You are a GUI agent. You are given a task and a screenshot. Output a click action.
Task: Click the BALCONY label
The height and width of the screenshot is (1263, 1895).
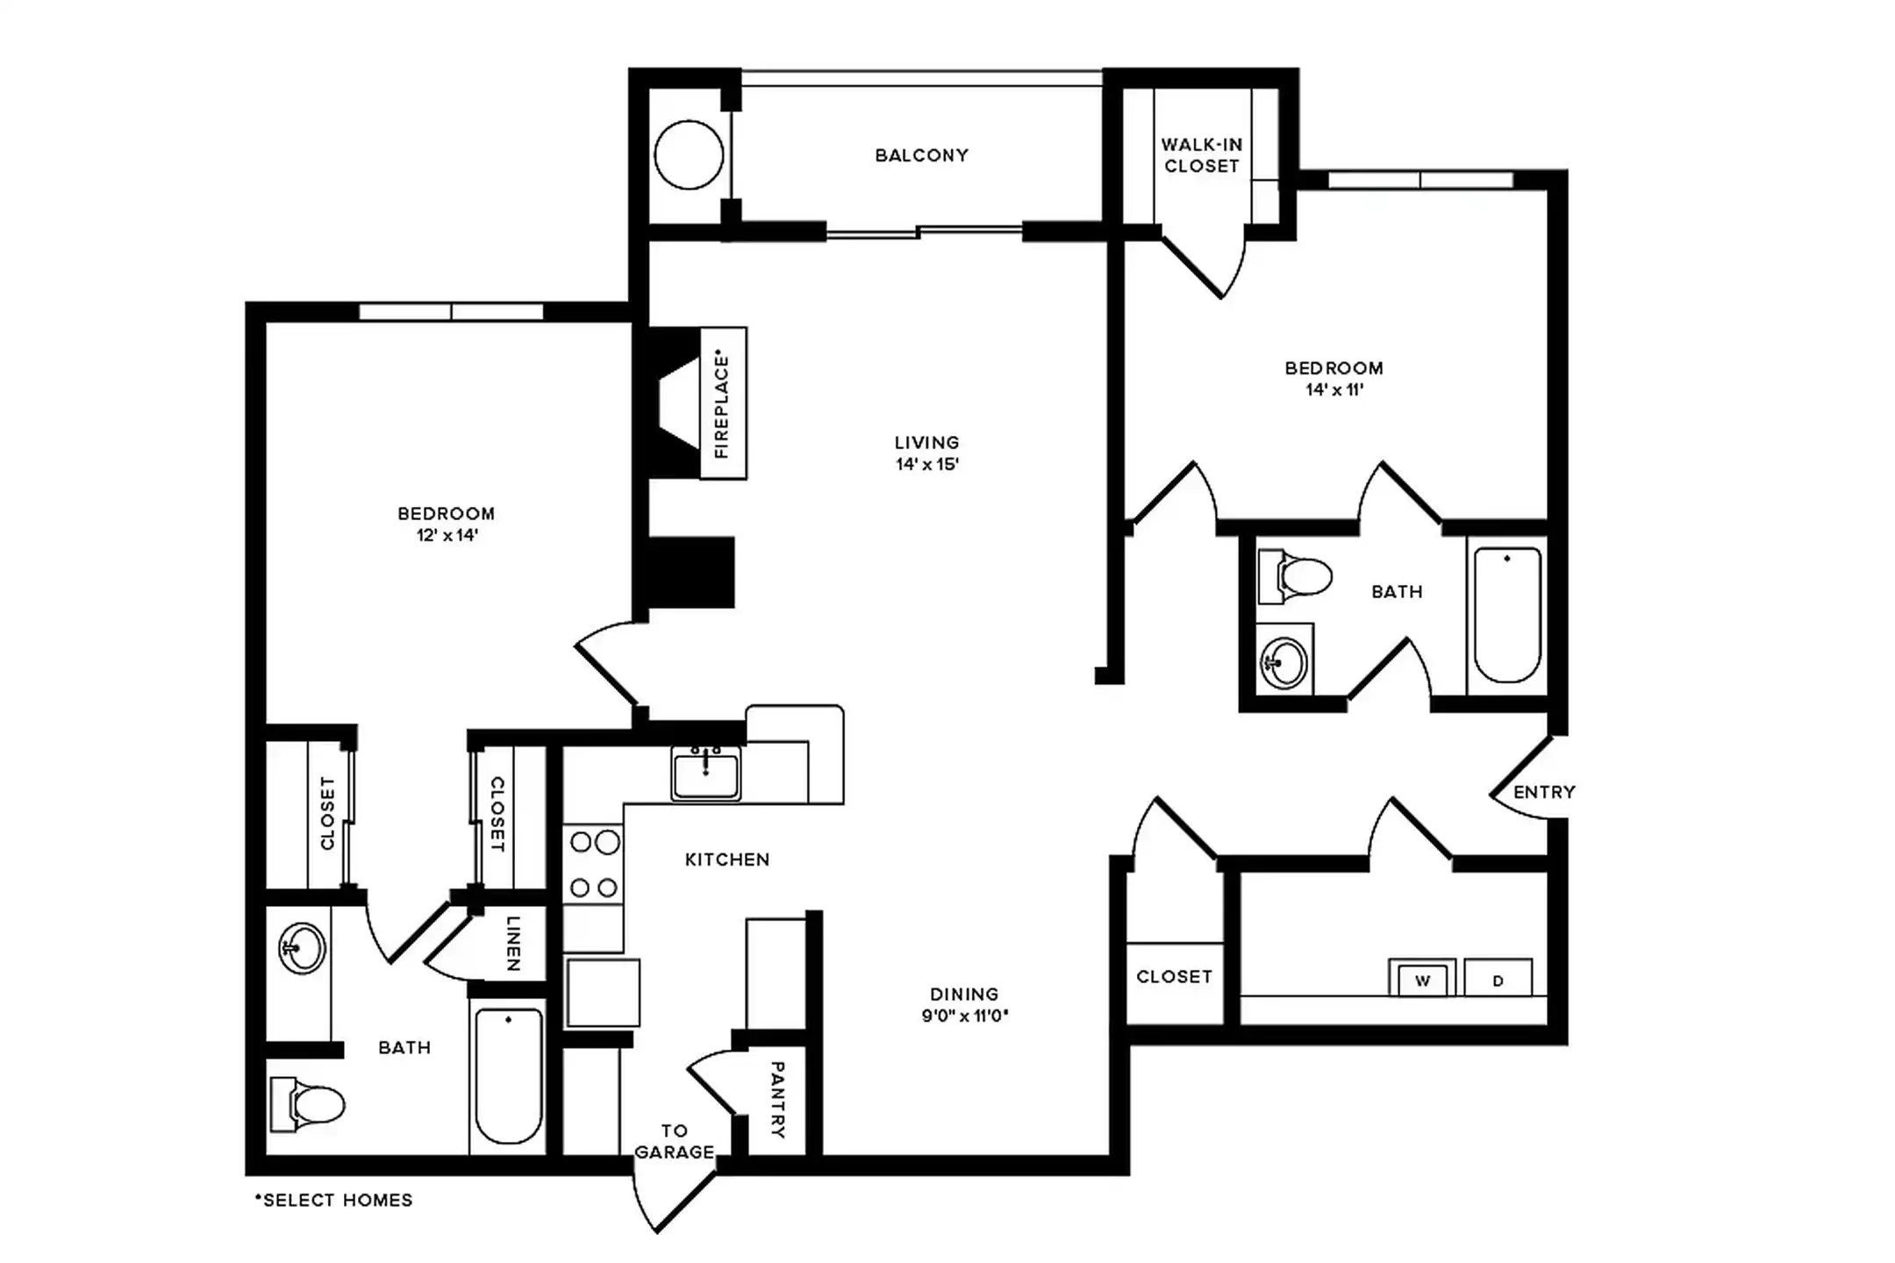click(x=921, y=155)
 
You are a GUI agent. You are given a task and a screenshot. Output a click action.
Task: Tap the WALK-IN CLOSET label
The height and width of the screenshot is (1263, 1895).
click(x=1201, y=155)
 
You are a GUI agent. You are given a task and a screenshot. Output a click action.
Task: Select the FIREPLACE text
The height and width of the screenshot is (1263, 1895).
click(x=722, y=403)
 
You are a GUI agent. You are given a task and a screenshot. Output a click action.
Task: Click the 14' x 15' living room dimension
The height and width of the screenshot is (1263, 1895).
click(x=926, y=465)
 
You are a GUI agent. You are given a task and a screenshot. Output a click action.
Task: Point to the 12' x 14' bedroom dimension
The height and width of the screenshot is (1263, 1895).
click(x=447, y=535)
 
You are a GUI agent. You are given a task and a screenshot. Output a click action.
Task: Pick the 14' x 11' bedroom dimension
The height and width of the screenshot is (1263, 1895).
click(x=1334, y=390)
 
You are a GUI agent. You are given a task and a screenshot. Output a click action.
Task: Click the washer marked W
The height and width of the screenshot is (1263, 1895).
click(x=1422, y=981)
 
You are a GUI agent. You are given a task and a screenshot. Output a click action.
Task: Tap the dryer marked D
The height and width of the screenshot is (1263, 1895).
click(x=1498, y=981)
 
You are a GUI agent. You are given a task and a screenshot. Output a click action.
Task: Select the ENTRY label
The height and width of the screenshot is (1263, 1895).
click(x=1544, y=792)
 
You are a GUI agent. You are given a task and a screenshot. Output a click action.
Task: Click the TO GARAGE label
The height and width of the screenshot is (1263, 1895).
click(x=674, y=1142)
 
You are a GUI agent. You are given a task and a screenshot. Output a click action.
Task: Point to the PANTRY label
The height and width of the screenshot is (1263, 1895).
click(x=777, y=1100)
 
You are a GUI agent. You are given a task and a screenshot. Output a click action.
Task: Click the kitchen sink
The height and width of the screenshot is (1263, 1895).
click(x=705, y=774)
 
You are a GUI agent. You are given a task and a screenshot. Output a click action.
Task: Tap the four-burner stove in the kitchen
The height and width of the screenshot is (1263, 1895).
click(x=594, y=866)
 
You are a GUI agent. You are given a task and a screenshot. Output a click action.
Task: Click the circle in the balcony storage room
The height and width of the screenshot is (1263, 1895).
click(x=689, y=155)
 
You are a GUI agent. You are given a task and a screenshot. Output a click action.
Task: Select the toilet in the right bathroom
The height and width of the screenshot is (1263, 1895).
click(x=1297, y=577)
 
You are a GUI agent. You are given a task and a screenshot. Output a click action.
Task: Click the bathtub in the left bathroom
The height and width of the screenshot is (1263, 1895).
click(x=508, y=1076)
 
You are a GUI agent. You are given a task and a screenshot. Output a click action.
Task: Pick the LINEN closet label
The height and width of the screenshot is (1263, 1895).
click(x=514, y=944)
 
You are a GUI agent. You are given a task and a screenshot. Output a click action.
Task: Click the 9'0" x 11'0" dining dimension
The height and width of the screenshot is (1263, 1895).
click(x=964, y=1017)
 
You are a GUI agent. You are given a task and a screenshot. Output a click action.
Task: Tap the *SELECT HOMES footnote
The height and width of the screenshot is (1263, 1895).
click(x=333, y=1200)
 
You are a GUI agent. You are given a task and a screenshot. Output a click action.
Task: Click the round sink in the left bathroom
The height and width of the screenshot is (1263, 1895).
click(x=302, y=948)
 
